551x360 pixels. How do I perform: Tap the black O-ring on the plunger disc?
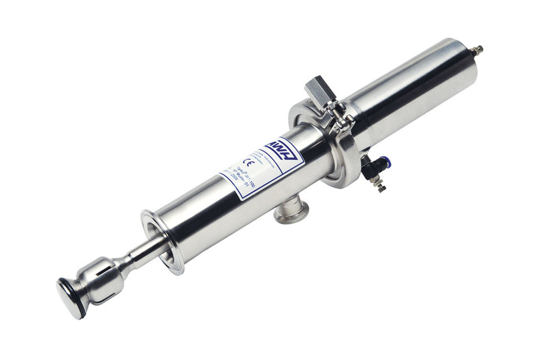pos(82,305)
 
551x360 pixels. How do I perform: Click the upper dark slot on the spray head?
pos(108,265)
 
